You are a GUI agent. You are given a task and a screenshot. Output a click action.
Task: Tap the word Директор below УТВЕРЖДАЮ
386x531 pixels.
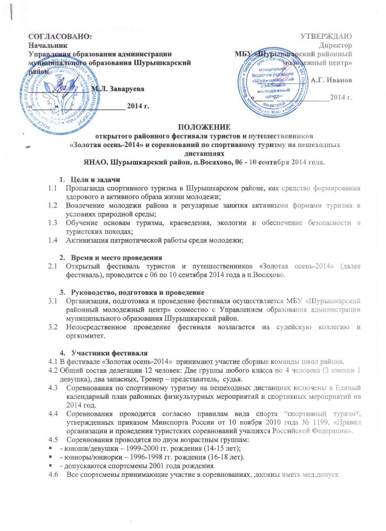point(338,46)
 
